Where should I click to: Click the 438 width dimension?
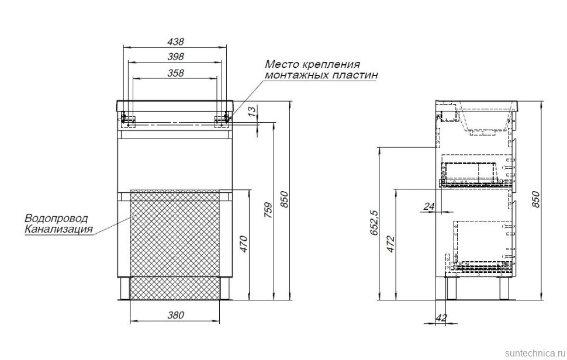(x=175, y=42)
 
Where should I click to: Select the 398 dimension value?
(x=175, y=57)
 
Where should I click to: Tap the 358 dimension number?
(x=175, y=73)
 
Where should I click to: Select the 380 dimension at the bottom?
(x=175, y=315)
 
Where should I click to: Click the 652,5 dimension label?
(x=375, y=223)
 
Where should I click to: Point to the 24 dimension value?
(x=429, y=206)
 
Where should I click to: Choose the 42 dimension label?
(x=441, y=318)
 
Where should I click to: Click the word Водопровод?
(x=56, y=219)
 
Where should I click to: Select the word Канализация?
(x=58, y=229)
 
